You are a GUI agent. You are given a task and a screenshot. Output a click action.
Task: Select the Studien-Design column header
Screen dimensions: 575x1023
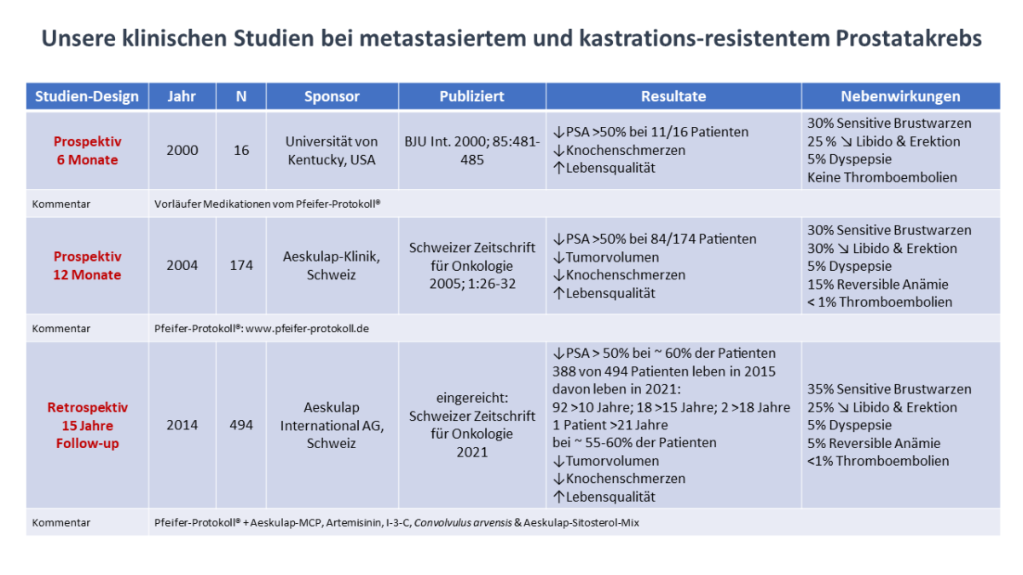tap(87, 96)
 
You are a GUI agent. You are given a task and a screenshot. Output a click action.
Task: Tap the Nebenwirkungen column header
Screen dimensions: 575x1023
tap(900, 96)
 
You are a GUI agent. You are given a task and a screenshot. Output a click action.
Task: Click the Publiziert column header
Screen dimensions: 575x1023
tap(471, 96)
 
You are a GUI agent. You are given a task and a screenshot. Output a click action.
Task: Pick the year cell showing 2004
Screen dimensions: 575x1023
tap(182, 265)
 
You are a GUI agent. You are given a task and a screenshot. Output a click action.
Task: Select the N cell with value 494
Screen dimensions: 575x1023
tap(241, 424)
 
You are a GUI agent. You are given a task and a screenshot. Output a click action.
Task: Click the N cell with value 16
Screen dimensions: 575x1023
tap(241, 150)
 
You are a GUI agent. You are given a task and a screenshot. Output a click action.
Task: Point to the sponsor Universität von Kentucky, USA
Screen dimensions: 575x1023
tap(332, 150)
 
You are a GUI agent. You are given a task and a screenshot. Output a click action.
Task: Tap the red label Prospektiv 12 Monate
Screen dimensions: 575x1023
tap(87, 265)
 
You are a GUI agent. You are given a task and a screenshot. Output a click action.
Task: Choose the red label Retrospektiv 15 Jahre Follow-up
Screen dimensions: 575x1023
tap(87, 424)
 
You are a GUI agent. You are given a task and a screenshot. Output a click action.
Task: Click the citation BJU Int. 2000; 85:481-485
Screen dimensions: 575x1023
tap(471, 150)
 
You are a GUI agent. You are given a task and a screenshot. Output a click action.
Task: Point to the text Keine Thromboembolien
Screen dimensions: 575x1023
tap(881, 177)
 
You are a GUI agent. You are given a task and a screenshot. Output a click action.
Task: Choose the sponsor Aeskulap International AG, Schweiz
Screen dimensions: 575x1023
tap(332, 424)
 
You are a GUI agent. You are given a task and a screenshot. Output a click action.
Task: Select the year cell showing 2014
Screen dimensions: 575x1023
tap(182, 424)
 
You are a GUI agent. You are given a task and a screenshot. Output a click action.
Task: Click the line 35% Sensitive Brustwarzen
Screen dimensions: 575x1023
tap(889, 388)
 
